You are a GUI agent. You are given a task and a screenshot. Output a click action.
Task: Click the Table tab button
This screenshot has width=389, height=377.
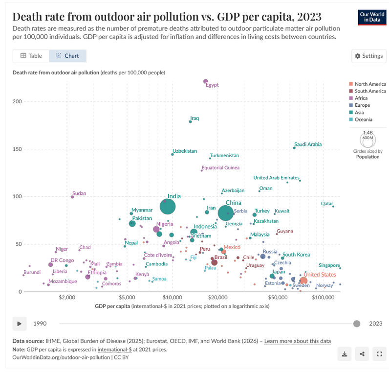(x=31, y=56)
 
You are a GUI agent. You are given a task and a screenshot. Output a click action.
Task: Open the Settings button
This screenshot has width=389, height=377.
(x=369, y=56)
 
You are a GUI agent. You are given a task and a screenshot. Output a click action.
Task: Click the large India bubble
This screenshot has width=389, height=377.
(x=167, y=207)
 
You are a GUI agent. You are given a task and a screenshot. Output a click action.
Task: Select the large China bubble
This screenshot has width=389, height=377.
(x=226, y=213)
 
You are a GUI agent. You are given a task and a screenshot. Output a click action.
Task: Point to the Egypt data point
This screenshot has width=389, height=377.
(x=206, y=81)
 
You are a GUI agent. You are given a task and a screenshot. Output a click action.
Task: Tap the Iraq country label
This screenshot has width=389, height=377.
(x=194, y=118)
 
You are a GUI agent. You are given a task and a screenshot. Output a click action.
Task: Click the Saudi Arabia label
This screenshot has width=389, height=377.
(x=308, y=144)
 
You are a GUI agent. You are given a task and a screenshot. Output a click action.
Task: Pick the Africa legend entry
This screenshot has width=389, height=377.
(x=362, y=98)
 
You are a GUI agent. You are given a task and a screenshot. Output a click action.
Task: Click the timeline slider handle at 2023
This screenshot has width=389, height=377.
(x=357, y=324)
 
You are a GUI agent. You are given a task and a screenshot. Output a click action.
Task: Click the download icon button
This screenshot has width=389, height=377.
(x=344, y=354)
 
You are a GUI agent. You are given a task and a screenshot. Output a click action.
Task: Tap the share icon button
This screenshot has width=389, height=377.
(x=362, y=354)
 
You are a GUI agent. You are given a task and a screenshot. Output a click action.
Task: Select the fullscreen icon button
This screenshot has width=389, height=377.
(x=380, y=354)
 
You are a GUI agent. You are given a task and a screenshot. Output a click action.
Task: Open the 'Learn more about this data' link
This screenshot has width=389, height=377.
(x=297, y=341)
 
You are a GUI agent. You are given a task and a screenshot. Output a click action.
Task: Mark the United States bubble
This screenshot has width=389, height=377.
(x=303, y=281)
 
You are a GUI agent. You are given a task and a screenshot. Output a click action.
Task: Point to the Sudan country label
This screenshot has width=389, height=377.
(x=79, y=193)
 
